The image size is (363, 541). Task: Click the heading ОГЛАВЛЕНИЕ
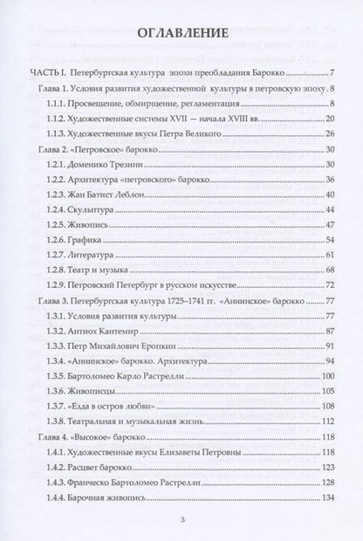pyautogui.click(x=182, y=34)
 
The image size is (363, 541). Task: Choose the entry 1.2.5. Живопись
pyautogui.click(x=98, y=223)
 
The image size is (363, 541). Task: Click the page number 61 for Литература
pyautogui.click(x=330, y=254)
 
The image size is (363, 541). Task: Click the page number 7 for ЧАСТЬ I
pyautogui.click(x=332, y=72)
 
